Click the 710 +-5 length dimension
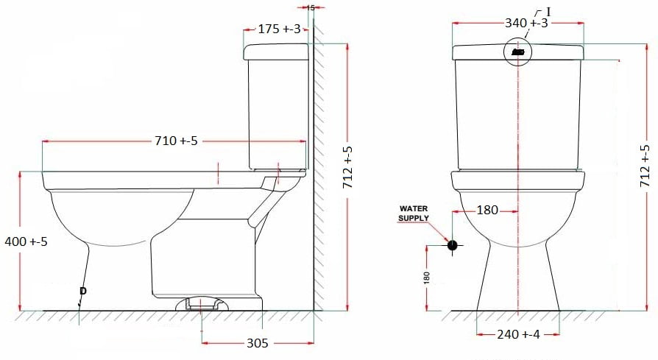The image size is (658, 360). [x=176, y=141]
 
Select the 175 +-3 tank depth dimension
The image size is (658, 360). [x=279, y=29]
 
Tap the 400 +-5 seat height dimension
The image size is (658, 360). [x=26, y=241]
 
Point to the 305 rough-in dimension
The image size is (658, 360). [x=257, y=343]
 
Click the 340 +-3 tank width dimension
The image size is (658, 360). [x=526, y=24]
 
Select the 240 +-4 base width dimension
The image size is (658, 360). [x=518, y=334]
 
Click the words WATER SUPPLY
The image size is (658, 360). [x=414, y=213]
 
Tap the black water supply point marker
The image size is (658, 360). [x=452, y=245]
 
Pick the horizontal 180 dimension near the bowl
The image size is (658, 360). [x=487, y=211]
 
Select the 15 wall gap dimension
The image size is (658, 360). [x=310, y=7]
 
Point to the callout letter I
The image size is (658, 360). [x=548, y=11]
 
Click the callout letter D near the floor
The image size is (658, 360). [x=82, y=292]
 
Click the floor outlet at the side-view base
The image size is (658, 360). [x=202, y=303]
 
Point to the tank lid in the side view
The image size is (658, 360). [x=275, y=52]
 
